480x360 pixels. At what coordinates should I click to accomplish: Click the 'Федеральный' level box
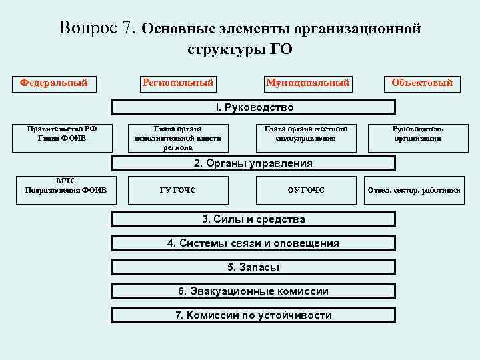tap(54, 83)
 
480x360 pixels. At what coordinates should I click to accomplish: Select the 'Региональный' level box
tap(177, 83)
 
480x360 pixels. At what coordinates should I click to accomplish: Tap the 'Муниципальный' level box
tap(307, 83)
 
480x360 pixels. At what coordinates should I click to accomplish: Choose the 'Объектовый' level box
tap(422, 83)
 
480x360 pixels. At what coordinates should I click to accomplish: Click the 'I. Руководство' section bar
tap(253, 107)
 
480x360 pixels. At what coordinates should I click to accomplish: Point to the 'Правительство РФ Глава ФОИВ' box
tap(62, 134)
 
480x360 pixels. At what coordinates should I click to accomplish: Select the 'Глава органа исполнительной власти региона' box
tap(177, 138)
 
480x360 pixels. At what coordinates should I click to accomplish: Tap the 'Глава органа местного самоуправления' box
tap(305, 134)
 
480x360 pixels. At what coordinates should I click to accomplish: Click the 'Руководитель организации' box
tap(418, 134)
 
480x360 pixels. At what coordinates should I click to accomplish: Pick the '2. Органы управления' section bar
tap(253, 163)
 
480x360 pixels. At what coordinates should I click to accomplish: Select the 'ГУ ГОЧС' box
tap(178, 190)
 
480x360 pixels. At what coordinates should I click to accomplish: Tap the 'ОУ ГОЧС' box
tap(305, 190)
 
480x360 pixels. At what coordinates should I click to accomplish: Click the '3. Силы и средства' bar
tap(253, 219)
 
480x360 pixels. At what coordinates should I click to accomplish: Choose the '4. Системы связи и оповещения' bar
tap(253, 243)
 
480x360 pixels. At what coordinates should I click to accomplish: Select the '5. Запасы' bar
tap(253, 267)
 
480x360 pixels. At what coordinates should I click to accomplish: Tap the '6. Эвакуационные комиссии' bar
tap(253, 291)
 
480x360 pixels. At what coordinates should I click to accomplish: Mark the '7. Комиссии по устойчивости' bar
tap(253, 315)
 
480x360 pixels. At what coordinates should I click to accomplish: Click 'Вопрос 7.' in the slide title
tap(97, 29)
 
